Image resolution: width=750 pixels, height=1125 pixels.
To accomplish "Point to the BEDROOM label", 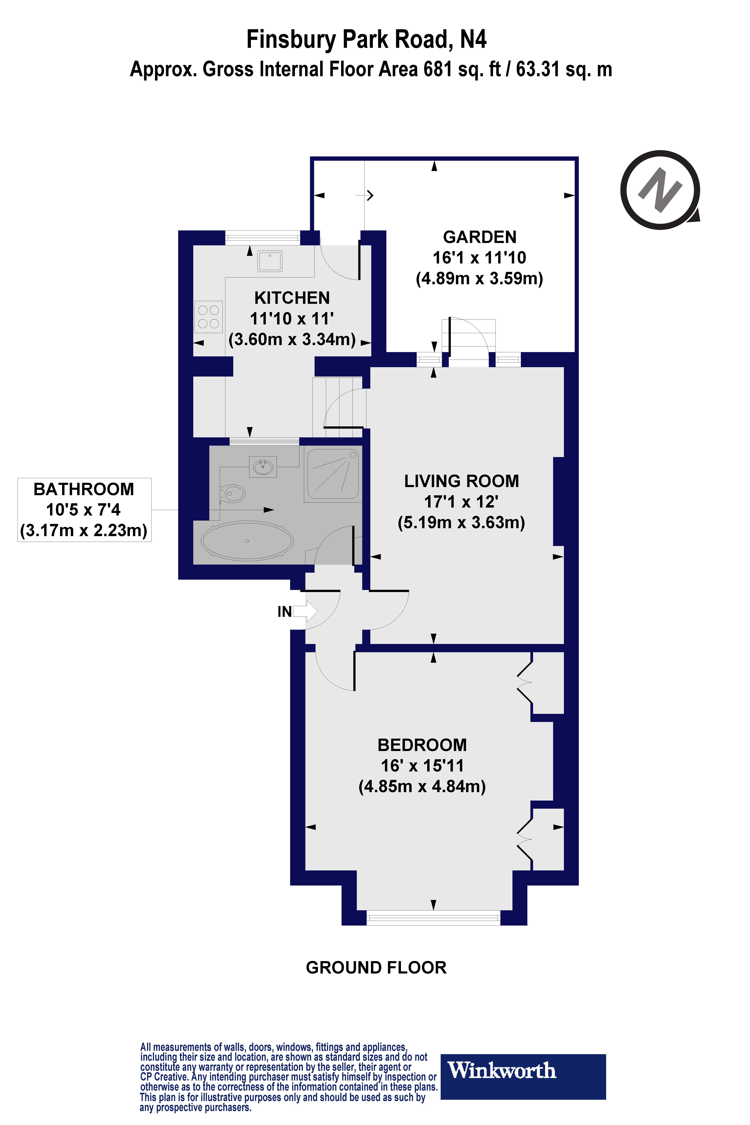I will (x=422, y=745).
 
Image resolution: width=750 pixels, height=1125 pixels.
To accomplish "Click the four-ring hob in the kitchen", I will (x=209, y=317).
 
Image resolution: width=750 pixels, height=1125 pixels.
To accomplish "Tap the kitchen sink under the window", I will (x=270, y=261).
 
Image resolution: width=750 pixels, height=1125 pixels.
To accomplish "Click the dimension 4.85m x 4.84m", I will (x=422, y=786).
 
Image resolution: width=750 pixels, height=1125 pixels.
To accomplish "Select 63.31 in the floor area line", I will (x=537, y=70).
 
